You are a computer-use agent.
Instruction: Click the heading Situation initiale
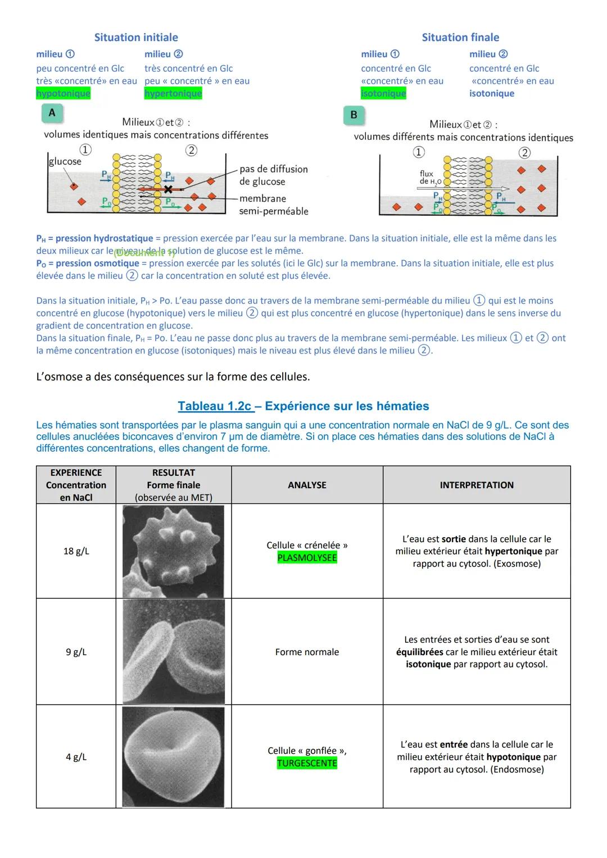pos(136,38)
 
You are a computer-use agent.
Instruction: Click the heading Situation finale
pos(460,38)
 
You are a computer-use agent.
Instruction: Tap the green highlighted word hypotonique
pos(63,93)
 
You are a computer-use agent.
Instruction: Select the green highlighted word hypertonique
pos(173,93)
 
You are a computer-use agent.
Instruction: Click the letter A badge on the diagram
pos(52,113)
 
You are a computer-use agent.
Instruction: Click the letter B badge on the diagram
pos(354,115)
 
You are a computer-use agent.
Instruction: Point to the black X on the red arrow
pos(167,189)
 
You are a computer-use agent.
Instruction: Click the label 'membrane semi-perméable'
pos(273,205)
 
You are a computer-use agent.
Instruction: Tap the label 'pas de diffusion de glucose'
pos(273,175)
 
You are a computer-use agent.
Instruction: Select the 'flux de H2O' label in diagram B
pos(428,178)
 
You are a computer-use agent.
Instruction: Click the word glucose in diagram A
pos(65,162)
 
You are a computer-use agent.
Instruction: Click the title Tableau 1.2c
pos(215,406)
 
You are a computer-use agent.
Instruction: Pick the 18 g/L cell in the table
pos(76,551)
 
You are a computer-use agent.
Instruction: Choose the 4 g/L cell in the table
pos(76,757)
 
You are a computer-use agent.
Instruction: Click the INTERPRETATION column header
pos(477,485)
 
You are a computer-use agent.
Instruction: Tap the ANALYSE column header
pos(307,485)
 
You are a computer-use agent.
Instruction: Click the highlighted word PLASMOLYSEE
pos(307,558)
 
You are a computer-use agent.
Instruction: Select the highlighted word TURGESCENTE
pos(307,763)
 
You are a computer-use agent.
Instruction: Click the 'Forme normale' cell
pos(307,652)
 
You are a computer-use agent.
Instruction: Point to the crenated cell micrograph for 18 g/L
pos(173,551)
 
